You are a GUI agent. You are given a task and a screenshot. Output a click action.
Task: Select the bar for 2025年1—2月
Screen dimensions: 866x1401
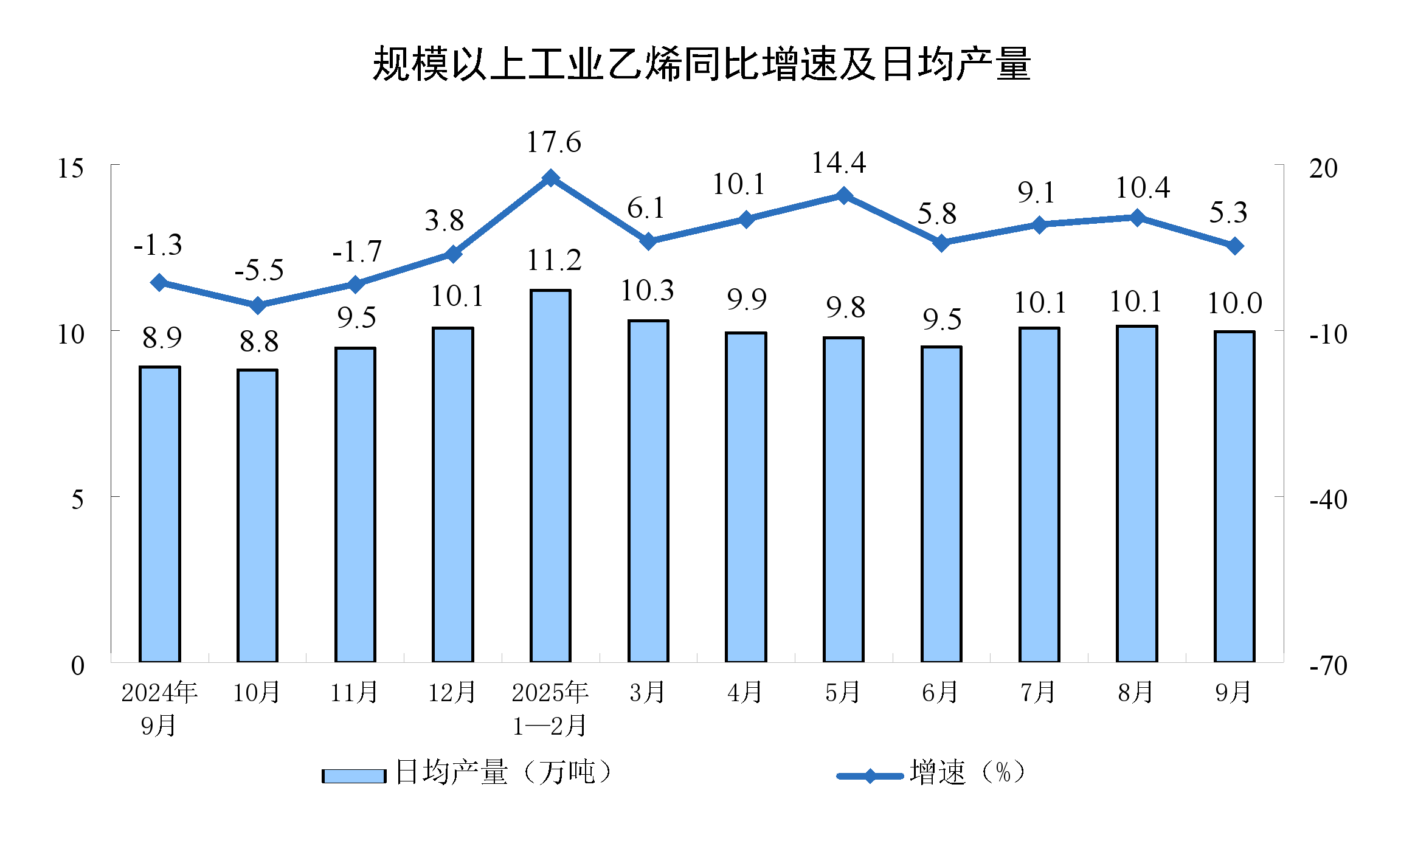click(550, 476)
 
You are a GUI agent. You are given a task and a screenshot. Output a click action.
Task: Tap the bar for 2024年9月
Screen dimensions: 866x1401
click(160, 514)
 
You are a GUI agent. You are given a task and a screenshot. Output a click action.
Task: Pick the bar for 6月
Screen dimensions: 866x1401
click(941, 504)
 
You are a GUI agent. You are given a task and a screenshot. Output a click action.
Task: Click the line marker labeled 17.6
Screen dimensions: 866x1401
click(551, 178)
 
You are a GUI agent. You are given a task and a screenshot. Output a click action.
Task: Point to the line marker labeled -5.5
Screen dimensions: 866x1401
click(258, 305)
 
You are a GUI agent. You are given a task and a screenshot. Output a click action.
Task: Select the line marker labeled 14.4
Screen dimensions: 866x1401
click(843, 195)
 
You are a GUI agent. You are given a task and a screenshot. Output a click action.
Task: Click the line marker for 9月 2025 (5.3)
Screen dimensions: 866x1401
click(1234, 246)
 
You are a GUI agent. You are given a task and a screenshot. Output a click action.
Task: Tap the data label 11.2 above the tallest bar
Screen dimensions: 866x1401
click(554, 261)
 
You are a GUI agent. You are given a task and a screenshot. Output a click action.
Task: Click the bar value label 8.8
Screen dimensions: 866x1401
click(259, 342)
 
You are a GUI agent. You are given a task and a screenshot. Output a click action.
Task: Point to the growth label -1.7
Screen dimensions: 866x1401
click(357, 252)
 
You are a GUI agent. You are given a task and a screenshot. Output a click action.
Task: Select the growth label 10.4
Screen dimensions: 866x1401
click(1142, 188)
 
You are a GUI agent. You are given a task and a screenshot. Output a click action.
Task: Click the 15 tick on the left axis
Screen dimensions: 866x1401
click(71, 168)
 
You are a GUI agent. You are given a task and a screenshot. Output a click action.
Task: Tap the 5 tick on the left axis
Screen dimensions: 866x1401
click(77, 499)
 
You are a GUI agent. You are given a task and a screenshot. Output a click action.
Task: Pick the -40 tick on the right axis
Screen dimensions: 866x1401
click(1328, 499)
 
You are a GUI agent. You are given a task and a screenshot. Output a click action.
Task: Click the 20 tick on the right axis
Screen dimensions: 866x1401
click(1323, 168)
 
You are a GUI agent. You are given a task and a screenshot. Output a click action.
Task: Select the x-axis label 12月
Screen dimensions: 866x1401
click(452, 692)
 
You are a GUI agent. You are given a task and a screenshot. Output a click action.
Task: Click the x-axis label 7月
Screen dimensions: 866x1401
click(1038, 692)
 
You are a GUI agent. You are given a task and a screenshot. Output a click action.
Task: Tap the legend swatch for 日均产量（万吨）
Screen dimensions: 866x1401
click(354, 776)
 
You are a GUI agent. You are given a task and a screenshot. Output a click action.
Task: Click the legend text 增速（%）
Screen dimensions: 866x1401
click(967, 772)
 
